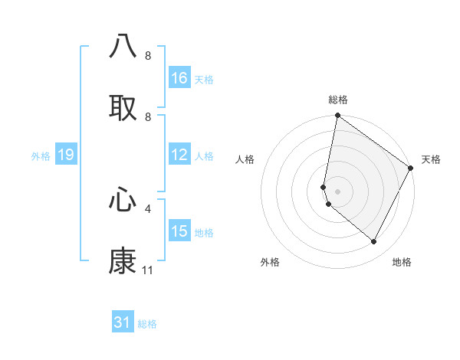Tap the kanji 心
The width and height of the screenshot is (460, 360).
pos(123,199)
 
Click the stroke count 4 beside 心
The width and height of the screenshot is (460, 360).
pos(148,208)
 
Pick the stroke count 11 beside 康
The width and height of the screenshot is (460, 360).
pos(148,270)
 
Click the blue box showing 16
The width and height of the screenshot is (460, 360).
pos(179,78)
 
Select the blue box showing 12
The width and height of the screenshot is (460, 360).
pos(179,155)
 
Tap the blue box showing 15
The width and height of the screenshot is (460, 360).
pos(179,231)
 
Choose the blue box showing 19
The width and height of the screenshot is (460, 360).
pos(66,155)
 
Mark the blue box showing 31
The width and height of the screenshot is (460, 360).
pos(123,322)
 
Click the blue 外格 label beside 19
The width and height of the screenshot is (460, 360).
pos(41,156)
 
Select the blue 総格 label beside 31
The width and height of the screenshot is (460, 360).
pos(147,324)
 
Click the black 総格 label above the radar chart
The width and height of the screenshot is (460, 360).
pos(338,100)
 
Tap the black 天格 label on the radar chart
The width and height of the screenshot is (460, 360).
pos(431,159)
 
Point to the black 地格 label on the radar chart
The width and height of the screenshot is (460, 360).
pos(402,263)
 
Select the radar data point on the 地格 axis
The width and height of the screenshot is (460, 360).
pos(374,242)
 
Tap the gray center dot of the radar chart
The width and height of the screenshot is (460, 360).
pos(337,191)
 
